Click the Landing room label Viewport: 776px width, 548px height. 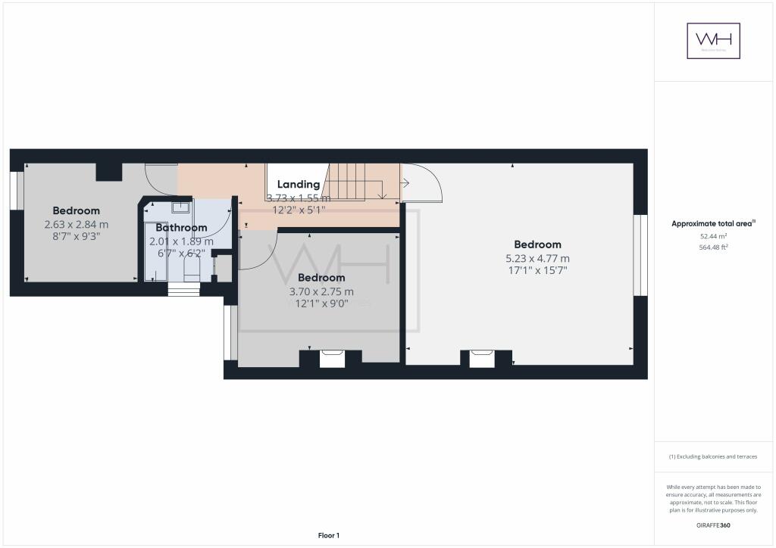(298, 184)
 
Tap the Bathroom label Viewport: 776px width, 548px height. (181, 227)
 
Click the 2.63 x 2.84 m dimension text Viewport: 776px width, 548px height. (76, 224)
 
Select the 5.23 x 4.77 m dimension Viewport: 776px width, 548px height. (537, 257)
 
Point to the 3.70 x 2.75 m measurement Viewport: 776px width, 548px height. (321, 291)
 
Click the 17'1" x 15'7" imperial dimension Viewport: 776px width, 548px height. (537, 270)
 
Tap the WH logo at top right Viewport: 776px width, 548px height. (713, 41)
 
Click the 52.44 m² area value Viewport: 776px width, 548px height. (713, 236)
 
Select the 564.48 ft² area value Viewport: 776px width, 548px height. (713, 247)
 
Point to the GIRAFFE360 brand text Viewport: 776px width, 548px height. (713, 525)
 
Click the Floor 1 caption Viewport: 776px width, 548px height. (328, 536)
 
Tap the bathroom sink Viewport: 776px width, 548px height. (180, 207)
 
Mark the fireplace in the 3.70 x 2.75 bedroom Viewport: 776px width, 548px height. (331, 357)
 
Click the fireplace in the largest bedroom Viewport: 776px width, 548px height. (481, 357)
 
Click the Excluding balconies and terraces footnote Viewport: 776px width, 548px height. (712, 456)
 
